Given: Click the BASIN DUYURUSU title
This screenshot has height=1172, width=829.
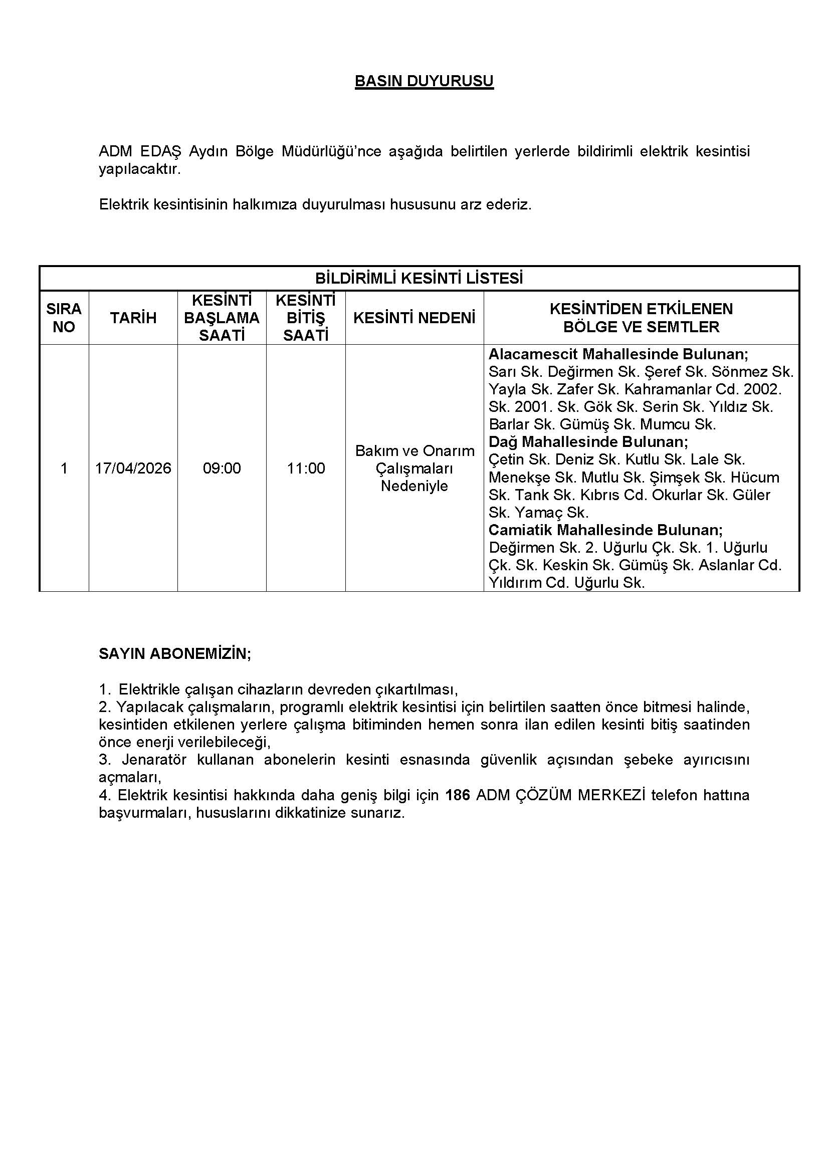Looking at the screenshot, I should point(424,81).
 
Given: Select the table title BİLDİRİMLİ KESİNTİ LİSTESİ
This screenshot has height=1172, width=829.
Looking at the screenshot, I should point(419,278).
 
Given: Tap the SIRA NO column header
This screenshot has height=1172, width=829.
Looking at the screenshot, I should point(64,318).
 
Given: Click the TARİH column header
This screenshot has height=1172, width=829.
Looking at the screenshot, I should point(133,318).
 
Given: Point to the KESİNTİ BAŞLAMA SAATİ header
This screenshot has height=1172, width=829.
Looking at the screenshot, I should point(222,318).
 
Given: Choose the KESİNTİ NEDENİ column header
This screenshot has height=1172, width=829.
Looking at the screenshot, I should point(414,318).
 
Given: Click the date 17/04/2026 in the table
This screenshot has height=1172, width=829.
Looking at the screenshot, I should point(133,468).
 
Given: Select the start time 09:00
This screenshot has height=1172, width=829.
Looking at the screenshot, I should point(222,468).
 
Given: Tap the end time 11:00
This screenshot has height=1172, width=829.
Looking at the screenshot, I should point(306,468).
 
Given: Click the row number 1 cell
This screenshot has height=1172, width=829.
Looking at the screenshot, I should point(64,468).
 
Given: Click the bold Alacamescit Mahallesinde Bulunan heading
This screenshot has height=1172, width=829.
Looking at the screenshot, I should point(618,354).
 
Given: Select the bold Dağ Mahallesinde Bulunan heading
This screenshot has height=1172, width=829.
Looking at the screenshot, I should point(588,441).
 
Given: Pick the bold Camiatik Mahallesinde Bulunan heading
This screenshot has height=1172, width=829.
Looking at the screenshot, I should point(605,529).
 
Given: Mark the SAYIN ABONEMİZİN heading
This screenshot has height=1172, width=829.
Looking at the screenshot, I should point(174,654).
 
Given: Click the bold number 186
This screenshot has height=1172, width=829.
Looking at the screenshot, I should point(458,795).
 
